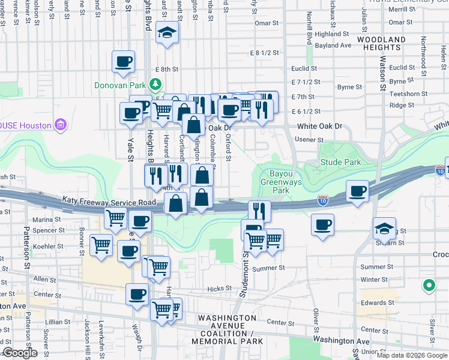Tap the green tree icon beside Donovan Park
click(156, 84)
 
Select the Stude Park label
click(340, 162)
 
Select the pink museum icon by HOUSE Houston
click(61, 125)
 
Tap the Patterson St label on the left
click(26, 246)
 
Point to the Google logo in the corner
click(19, 353)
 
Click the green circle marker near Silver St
click(429, 286)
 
